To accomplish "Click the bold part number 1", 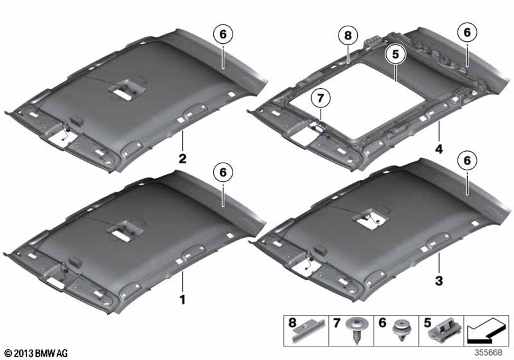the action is (182, 300).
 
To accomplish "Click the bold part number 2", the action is (182, 159).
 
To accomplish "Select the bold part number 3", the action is (439, 281).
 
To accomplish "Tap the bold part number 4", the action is (439, 149).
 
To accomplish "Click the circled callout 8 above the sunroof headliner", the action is (348, 35).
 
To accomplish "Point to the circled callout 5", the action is (396, 54).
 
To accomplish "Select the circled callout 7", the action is (320, 98).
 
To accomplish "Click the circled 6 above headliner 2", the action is (223, 34).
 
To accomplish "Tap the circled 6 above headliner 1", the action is (223, 172).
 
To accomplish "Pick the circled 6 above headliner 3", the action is (467, 160).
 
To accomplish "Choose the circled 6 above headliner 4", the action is (467, 32).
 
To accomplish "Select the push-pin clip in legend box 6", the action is (402, 330).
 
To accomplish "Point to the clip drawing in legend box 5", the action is (445, 331).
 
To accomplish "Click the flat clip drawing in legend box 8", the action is (309, 331).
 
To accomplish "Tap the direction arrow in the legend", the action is (486, 332).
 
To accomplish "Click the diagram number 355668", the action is (488, 352).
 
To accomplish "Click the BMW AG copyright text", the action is (36, 353).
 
